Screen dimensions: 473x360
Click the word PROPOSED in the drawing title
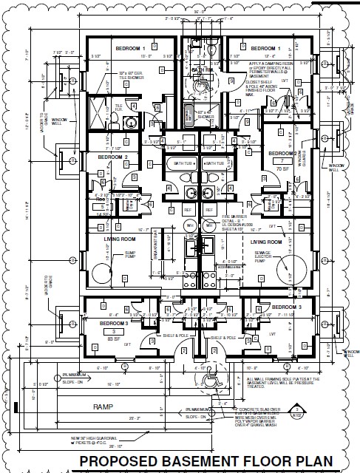click(x=118, y=463)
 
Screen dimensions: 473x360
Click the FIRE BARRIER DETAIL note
click(x=236, y=220)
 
